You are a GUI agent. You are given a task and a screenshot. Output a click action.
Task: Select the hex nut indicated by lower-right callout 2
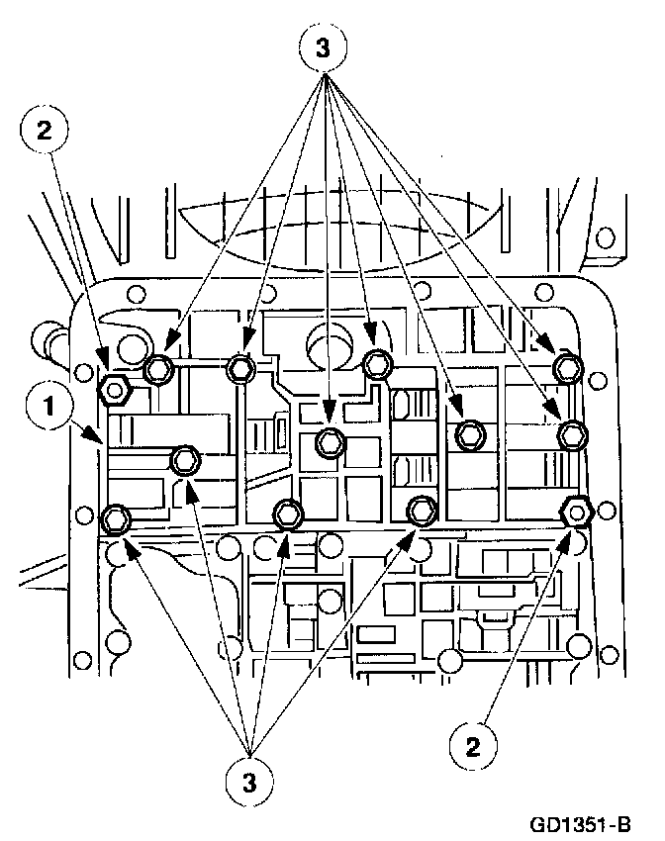coord(576,513)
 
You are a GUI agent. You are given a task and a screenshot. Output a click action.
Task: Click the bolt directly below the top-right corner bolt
coord(572,433)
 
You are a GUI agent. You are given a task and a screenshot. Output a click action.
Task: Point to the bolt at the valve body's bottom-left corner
coord(116,516)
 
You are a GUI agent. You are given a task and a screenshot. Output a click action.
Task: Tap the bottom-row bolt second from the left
coord(288,514)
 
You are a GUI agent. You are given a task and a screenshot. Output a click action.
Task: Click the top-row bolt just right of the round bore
coord(376,364)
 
